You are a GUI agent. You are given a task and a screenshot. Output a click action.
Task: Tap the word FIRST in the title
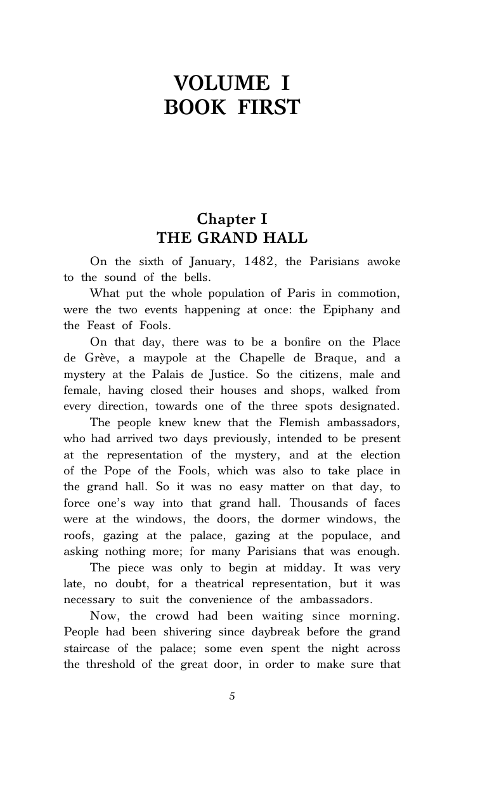click(268, 108)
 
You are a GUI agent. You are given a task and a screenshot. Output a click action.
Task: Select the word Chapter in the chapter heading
click(221, 219)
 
